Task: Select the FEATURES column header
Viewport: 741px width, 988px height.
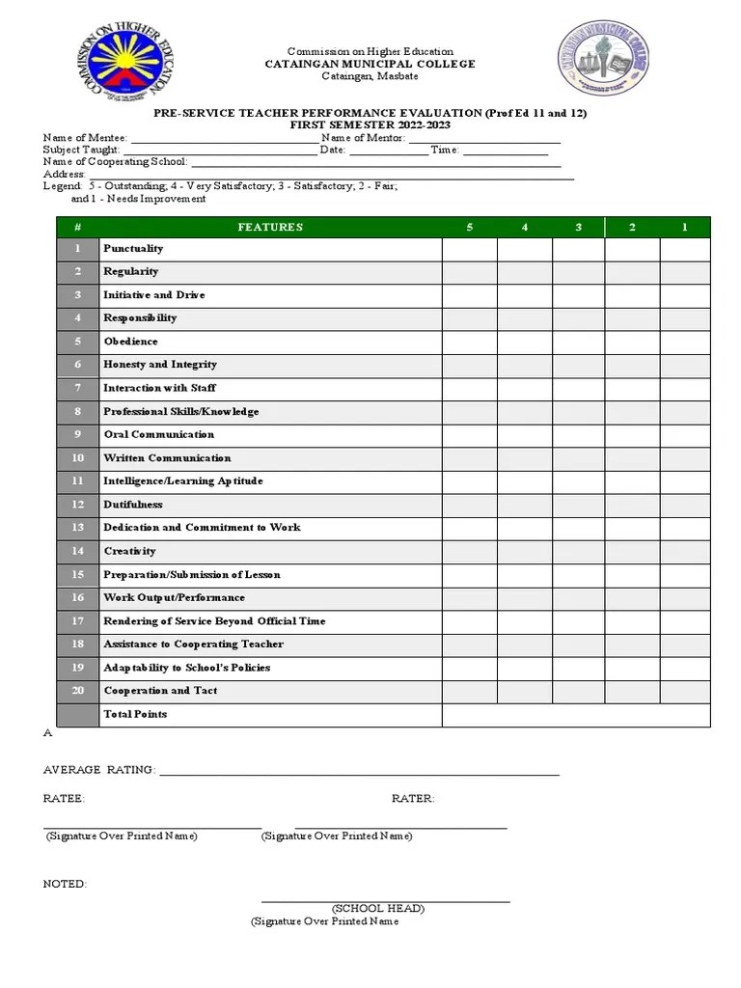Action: [270, 227]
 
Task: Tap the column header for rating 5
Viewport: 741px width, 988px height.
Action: [470, 227]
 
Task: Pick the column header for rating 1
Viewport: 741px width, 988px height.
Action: [685, 227]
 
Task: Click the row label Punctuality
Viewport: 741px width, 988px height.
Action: [133, 249]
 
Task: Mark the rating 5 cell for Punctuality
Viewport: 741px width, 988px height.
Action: [470, 249]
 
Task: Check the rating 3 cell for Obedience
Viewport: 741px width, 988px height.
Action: [579, 342]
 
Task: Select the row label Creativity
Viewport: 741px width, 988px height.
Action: [129, 551]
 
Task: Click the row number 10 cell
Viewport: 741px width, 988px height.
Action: [78, 458]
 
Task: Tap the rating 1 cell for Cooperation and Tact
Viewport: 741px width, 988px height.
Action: [685, 691]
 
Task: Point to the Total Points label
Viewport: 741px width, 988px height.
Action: [135, 714]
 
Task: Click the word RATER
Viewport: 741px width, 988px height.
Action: [413, 799]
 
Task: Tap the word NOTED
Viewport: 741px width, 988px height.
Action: [65, 884]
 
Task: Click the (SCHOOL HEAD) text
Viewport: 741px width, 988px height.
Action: [378, 909]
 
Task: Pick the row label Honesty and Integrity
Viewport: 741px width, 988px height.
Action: [160, 365]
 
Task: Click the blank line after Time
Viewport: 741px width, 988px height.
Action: [506, 151]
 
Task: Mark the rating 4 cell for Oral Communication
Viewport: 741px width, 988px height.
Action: [525, 435]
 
